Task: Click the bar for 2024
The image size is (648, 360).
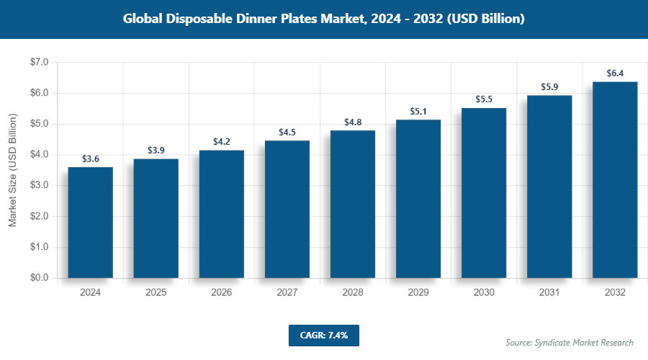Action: tap(90, 222)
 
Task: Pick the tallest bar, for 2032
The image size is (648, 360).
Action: tap(614, 180)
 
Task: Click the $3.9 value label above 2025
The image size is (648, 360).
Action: tap(156, 150)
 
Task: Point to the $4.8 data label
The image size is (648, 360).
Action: tap(352, 122)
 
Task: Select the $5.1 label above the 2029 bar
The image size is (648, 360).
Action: tap(418, 111)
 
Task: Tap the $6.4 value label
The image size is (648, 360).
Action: tap(614, 73)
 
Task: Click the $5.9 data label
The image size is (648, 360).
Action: tap(549, 87)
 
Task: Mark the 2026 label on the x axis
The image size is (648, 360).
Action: tap(221, 293)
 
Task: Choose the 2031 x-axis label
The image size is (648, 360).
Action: tap(549, 293)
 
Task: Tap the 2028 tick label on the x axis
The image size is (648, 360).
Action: tap(352, 293)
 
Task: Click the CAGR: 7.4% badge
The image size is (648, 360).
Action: tap(323, 335)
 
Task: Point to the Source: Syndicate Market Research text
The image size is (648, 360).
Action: tap(569, 342)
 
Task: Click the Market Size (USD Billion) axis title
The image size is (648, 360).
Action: tap(12, 171)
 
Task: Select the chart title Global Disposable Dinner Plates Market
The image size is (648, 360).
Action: tap(323, 19)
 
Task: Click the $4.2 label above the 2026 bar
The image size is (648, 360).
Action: tap(221, 142)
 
